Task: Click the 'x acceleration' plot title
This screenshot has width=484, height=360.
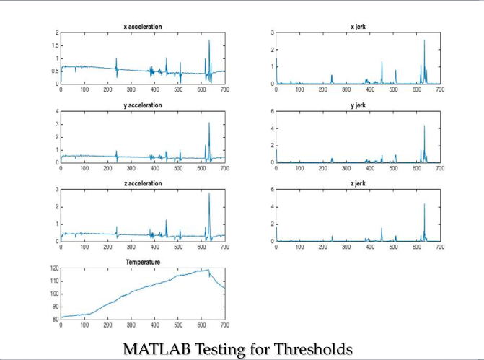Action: point(142,27)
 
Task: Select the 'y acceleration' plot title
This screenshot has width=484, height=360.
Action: point(142,105)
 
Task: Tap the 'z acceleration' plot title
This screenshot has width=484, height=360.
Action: point(142,184)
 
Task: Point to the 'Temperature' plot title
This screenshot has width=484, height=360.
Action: point(142,262)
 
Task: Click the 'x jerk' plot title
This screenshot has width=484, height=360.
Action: point(358,27)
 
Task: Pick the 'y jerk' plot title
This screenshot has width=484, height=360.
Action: point(358,105)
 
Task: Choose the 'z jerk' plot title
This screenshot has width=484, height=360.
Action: point(358,184)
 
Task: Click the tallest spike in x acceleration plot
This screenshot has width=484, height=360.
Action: point(209,40)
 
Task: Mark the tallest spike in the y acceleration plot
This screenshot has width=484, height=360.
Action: point(209,123)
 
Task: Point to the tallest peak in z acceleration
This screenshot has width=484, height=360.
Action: point(209,193)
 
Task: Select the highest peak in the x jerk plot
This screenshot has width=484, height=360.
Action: point(424,40)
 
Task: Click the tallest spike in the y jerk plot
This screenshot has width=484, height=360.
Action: point(424,126)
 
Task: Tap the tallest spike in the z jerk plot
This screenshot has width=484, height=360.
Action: point(424,204)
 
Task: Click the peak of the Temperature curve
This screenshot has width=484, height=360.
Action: point(208,269)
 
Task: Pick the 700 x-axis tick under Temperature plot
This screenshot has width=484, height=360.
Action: point(224,325)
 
